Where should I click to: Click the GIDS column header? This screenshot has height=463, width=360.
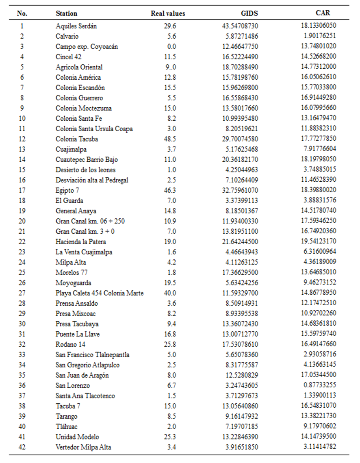coord(249,13)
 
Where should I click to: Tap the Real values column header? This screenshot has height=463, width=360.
coord(168,13)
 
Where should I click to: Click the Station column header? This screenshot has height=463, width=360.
coord(66,13)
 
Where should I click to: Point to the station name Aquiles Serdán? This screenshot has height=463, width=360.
coord(76,26)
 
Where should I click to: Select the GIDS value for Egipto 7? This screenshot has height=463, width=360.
coord(237,190)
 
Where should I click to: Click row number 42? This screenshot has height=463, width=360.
coord(22,447)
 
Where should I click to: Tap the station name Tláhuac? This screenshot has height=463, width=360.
coord(67,426)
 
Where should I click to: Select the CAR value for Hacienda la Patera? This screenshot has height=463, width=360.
coord(318,241)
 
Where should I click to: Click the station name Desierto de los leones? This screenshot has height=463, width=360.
coord(86,170)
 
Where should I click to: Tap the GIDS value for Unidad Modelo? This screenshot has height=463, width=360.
coord(237,437)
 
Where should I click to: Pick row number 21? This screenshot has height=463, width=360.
coord(22,231)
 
